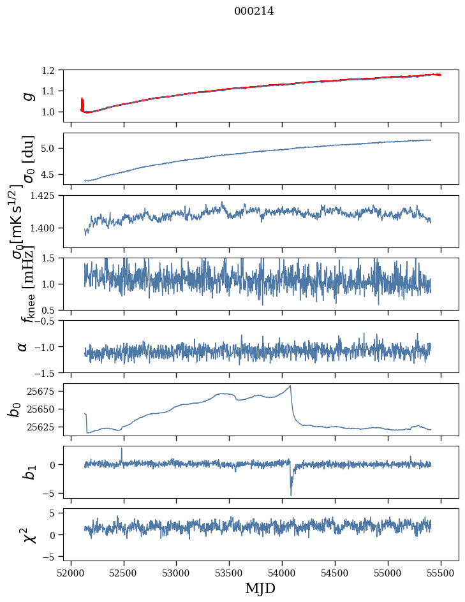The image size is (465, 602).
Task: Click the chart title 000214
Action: point(254,11)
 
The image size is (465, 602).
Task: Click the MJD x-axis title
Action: point(260,587)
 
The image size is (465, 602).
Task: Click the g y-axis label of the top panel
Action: point(27,96)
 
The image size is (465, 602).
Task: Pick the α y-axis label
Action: point(22,346)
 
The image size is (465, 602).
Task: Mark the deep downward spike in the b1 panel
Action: point(291,494)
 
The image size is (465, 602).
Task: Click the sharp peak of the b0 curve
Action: point(290,386)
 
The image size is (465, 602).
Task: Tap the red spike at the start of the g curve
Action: point(82,102)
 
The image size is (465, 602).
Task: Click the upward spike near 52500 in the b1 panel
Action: point(122,449)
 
